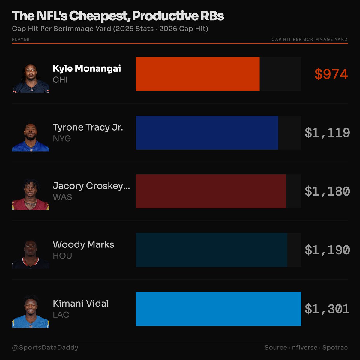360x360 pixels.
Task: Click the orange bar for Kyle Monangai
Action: (x=198, y=74)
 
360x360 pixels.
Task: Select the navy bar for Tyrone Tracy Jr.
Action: (x=207, y=133)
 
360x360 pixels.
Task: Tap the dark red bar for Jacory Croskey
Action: (x=211, y=191)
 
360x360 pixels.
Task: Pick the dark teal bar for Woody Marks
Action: (x=211, y=250)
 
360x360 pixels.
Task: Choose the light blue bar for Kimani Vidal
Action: (x=218, y=309)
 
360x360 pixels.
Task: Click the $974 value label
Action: (x=331, y=74)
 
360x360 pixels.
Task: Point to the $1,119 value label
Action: (x=327, y=133)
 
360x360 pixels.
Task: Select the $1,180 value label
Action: (x=327, y=191)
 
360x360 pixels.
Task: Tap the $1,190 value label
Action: (x=327, y=250)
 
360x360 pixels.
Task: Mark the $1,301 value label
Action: (x=327, y=309)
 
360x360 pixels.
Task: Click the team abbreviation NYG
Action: (x=62, y=139)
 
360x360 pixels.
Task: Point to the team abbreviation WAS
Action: (x=62, y=197)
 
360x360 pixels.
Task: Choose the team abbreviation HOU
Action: (x=62, y=256)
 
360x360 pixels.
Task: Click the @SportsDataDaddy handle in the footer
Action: (x=45, y=348)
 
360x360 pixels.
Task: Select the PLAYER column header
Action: (x=21, y=39)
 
